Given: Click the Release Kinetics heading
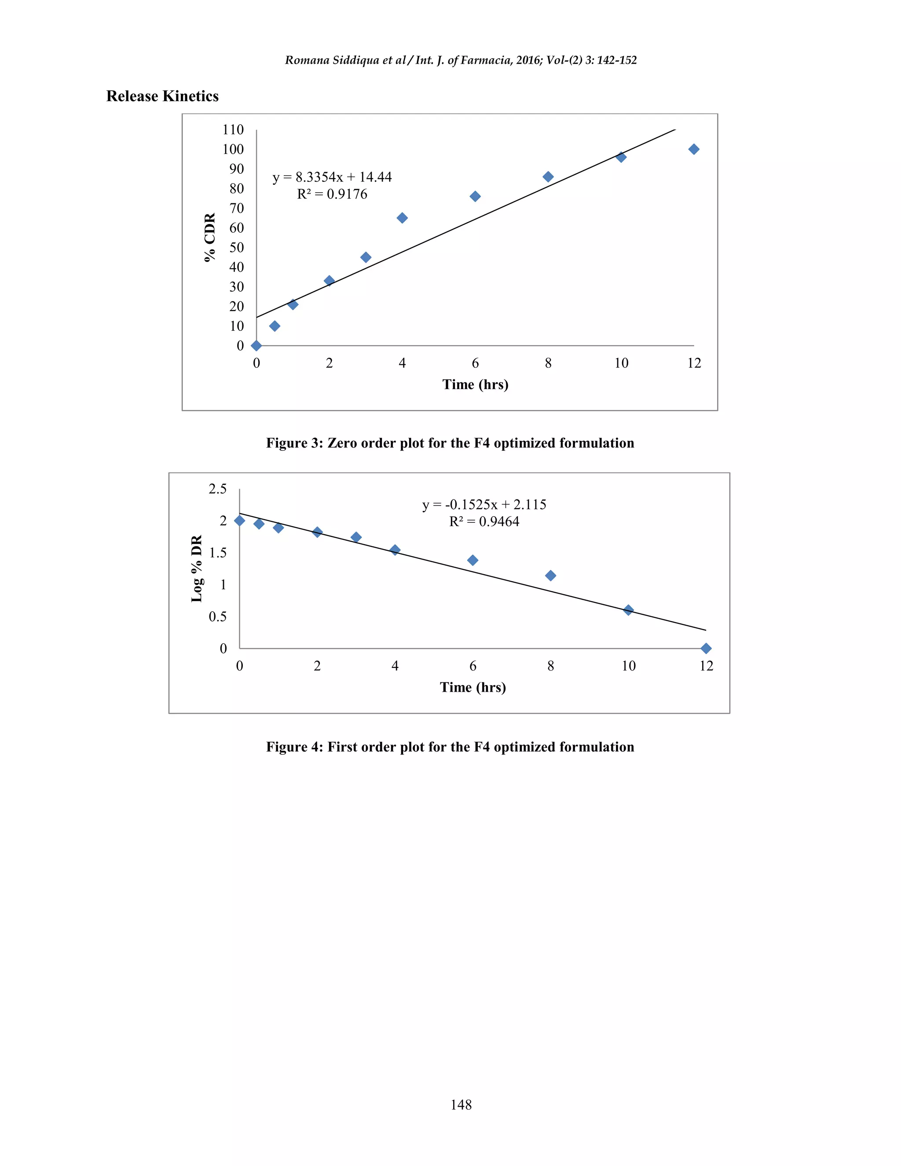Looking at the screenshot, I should (162, 96).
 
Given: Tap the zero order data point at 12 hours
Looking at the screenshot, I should (693, 150).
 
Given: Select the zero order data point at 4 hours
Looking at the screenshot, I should (402, 218).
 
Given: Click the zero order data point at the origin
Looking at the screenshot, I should (256, 345).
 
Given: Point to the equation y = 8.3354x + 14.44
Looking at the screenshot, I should (332, 177).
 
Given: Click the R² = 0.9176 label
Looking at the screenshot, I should (332, 194).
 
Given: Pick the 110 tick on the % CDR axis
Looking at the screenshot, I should (233, 130).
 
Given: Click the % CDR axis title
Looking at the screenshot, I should (210, 237).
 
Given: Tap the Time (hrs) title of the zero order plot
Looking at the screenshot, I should (475, 385).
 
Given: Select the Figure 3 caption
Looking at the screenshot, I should (450, 443).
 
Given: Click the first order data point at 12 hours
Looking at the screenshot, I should (706, 648).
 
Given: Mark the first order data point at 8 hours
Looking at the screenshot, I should (550, 576).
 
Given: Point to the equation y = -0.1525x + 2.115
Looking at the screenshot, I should (484, 505).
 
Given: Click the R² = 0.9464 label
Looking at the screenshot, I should (484, 521).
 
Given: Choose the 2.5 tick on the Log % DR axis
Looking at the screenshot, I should (218, 489).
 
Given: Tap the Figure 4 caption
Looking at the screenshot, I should (450, 747).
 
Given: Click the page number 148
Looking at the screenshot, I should (461, 1104).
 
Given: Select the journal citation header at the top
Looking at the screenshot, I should (461, 60).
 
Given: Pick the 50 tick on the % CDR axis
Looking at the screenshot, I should (236, 248).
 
